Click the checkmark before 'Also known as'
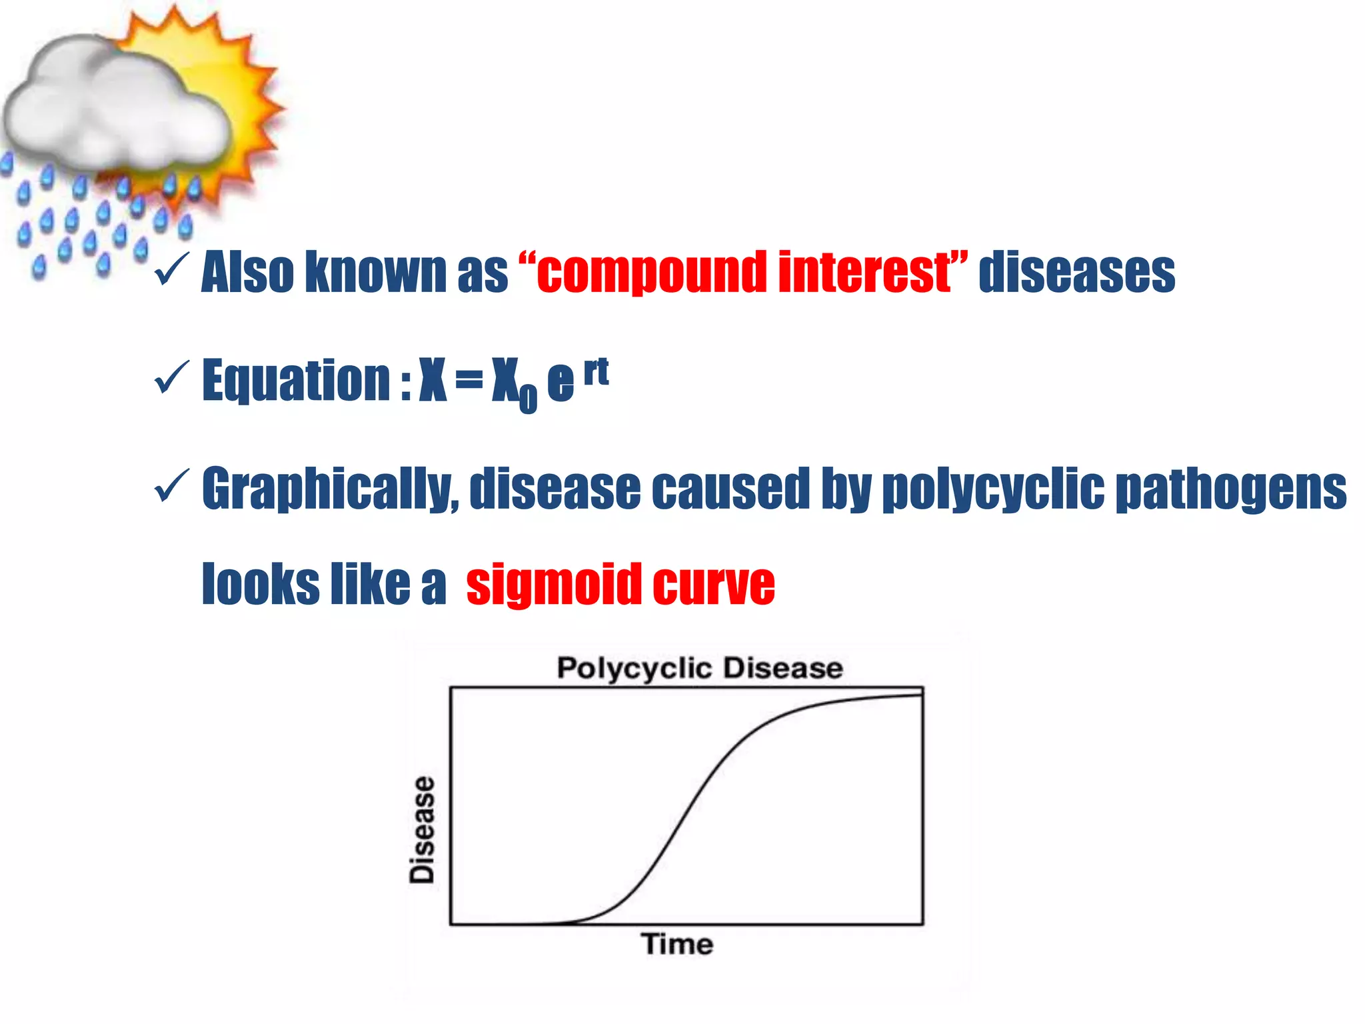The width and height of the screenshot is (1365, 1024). (171, 269)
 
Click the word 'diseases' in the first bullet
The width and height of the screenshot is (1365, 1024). (1076, 272)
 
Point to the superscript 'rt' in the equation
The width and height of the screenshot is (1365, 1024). (596, 372)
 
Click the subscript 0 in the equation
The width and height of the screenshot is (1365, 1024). (527, 398)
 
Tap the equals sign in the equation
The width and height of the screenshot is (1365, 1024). (469, 380)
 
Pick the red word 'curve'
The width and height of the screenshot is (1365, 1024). (713, 584)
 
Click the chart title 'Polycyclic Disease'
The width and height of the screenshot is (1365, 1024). (699, 668)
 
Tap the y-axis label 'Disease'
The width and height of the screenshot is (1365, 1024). (422, 830)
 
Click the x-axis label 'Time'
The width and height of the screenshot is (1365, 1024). (677, 945)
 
